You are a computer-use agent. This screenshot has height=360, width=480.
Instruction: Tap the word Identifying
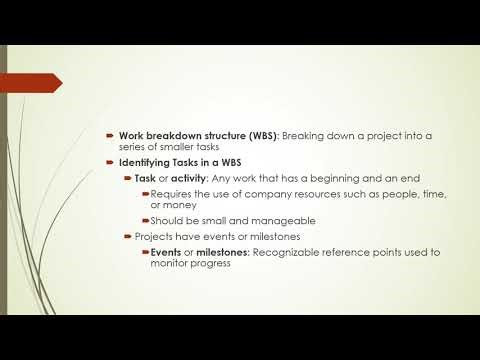(147, 162)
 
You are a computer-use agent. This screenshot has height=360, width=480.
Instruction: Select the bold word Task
(146, 177)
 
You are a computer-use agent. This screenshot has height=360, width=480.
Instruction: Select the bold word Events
(167, 252)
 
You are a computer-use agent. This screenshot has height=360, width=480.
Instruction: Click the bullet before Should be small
(144, 221)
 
